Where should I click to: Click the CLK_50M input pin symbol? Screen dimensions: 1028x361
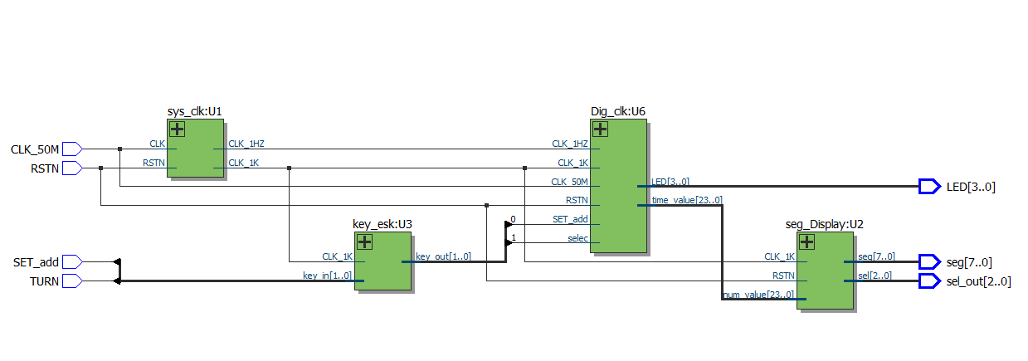click(x=72, y=149)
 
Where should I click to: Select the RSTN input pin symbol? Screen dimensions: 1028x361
click(x=72, y=168)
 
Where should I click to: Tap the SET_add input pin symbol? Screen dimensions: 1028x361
click(x=72, y=261)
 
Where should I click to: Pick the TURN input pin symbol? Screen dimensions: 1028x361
click(x=72, y=281)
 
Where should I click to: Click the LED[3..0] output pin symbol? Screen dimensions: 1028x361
click(x=929, y=187)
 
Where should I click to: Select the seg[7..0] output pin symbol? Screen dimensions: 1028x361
click(x=929, y=261)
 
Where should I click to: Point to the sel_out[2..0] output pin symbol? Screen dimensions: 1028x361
click(x=929, y=281)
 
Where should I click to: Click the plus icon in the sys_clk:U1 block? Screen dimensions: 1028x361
click(x=178, y=129)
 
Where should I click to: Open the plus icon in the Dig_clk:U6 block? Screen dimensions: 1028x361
click(x=600, y=129)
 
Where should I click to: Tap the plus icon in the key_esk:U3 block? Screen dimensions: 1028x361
click(x=364, y=241)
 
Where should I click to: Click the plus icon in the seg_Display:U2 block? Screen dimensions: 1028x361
click(x=806, y=241)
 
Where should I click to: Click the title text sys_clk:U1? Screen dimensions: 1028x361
click(x=195, y=111)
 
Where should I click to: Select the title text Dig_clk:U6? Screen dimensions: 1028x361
click(x=618, y=111)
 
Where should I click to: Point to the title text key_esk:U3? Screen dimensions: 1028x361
click(x=382, y=224)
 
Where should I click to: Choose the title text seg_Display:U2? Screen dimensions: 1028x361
click(x=824, y=224)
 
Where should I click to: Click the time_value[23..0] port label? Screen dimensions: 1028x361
click(x=687, y=200)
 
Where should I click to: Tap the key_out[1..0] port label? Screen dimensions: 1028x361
click(x=443, y=256)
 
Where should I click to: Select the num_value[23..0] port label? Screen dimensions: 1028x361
click(x=758, y=295)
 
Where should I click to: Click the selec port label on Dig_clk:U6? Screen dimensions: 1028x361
click(x=577, y=238)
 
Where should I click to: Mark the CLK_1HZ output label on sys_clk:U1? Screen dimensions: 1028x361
click(x=246, y=144)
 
